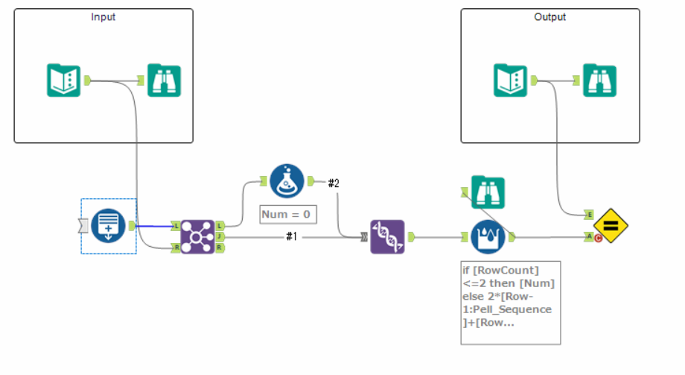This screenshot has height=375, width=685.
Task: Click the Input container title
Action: pyautogui.click(x=103, y=16)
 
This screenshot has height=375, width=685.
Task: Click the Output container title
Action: pyautogui.click(x=550, y=16)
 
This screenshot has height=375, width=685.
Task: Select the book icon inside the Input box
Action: pyautogui.click(x=64, y=81)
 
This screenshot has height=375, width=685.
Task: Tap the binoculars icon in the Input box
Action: pyautogui.click(x=164, y=81)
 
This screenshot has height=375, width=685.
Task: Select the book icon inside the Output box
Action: pyautogui.click(x=511, y=81)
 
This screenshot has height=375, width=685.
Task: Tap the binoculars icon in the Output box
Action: pyautogui.click(x=599, y=81)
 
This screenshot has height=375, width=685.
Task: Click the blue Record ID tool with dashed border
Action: pyautogui.click(x=109, y=226)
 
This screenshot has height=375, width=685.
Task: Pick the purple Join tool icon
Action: pyautogui.click(x=197, y=236)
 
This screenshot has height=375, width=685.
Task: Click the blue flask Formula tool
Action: pyautogui.click(x=287, y=181)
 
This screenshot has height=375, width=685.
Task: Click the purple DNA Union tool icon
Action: pyautogui.click(x=387, y=237)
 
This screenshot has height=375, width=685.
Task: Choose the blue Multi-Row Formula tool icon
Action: pyautogui.click(x=488, y=237)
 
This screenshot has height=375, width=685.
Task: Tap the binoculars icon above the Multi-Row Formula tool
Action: pyautogui.click(x=488, y=193)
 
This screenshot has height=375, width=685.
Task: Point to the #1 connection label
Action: pyautogui.click(x=292, y=237)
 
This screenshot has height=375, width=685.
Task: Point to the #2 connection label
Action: pyautogui.click(x=334, y=183)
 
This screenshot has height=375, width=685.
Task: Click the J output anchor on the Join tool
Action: pyautogui.click(x=219, y=236)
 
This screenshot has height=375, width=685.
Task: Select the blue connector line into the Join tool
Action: pyautogui.click(x=154, y=226)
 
